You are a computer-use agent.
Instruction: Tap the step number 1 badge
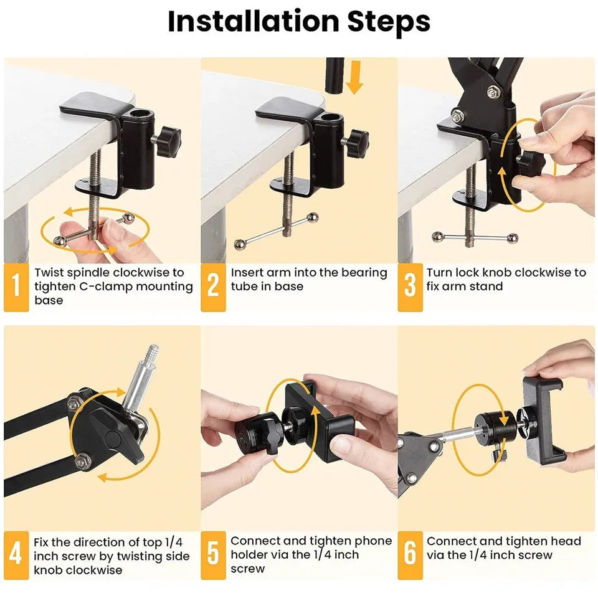[16, 287]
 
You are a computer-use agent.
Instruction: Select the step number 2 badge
[213, 287]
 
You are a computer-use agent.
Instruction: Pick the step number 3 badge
[410, 287]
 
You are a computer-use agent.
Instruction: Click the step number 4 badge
[16, 555]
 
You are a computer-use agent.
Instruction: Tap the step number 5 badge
[213, 555]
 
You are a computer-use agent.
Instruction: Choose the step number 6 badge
[410, 555]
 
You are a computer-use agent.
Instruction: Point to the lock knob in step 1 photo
[167, 136]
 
